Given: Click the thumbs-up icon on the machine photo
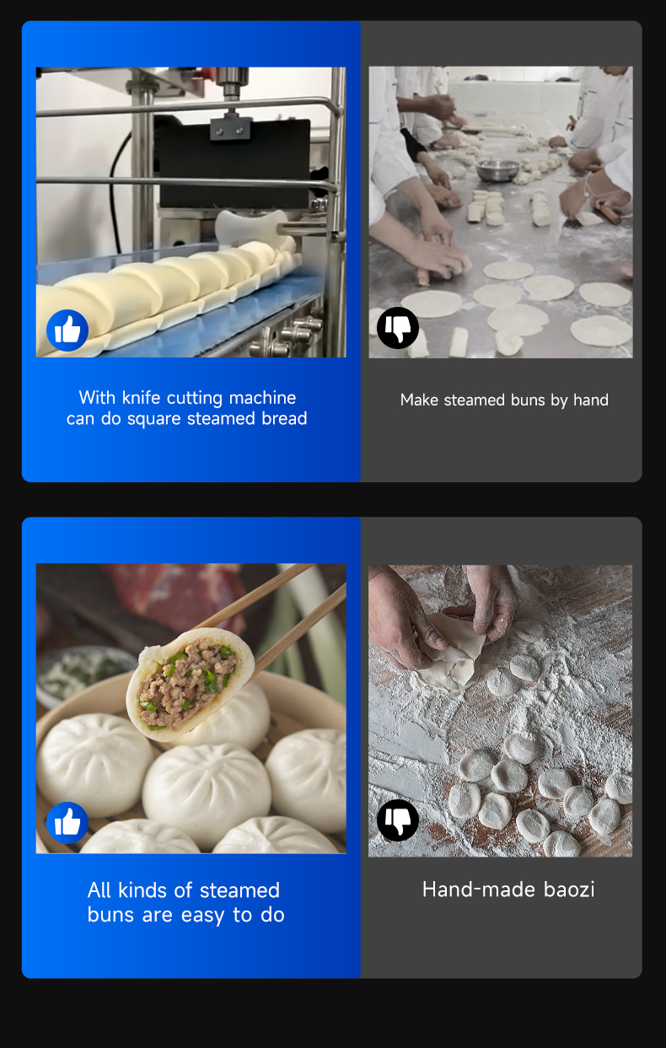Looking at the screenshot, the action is tap(67, 331).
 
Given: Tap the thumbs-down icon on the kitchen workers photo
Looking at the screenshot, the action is tap(398, 328).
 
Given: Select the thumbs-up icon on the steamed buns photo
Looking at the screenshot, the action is tap(67, 823).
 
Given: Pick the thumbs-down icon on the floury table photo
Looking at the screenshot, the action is tap(398, 820).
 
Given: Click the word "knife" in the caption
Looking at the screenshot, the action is tap(142, 397).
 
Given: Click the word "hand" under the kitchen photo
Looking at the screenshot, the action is tap(591, 400).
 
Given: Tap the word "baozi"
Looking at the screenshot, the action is tap(569, 889).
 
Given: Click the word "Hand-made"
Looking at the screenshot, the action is tap(479, 889).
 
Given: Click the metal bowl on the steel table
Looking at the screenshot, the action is tap(497, 170).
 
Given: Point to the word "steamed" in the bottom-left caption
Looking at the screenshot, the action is tap(239, 890).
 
